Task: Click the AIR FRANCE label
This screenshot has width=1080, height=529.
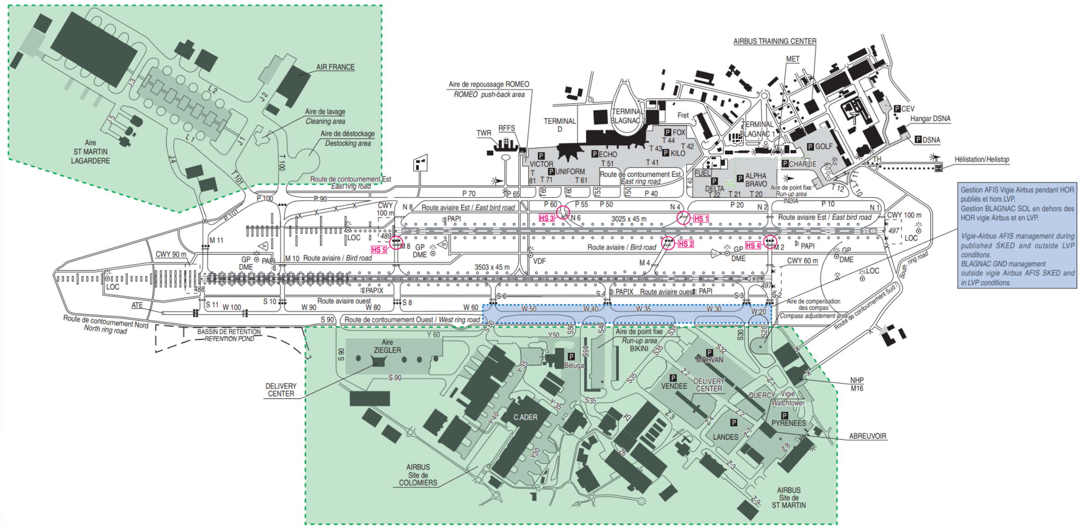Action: pos(335,67)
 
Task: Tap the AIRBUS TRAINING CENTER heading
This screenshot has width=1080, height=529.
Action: pos(775,41)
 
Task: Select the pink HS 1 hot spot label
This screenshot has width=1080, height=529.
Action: pos(701,218)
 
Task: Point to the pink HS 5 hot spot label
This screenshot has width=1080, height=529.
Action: pos(379,250)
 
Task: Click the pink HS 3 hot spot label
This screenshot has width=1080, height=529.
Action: pos(546,218)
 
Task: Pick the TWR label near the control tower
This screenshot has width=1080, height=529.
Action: pos(484,133)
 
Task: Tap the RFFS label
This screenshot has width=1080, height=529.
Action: pos(507,128)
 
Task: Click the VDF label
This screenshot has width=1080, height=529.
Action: pos(540,261)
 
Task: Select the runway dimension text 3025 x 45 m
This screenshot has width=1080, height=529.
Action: pos(629,219)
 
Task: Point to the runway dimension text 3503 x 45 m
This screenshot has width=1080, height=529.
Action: pos(492,267)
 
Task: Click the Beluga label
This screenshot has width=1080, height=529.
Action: pos(574,365)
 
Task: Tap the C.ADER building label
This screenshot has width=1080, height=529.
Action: pos(525,417)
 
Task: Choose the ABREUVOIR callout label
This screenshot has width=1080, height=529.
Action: pos(867,436)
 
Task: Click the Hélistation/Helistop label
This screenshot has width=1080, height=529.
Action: pos(982,159)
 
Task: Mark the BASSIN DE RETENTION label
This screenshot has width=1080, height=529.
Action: pos(229,332)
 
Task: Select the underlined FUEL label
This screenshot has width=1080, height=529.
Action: pos(702,173)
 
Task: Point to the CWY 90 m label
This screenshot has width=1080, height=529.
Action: pos(171,254)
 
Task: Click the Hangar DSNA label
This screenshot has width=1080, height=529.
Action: pos(930,119)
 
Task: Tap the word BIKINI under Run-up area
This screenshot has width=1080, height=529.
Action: pos(639,349)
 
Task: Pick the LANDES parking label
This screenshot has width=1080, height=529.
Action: pos(725,437)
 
